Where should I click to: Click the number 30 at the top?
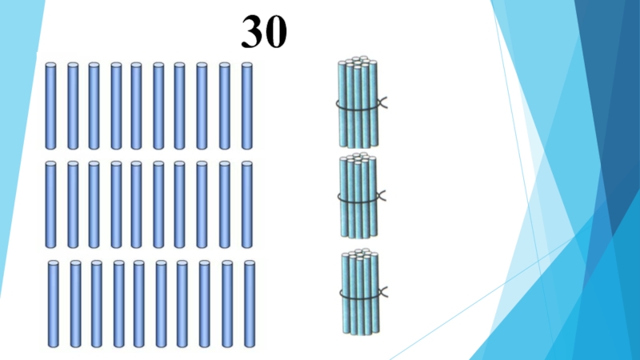coord(265,31)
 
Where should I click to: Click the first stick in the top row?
coord(51,106)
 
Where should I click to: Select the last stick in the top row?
coord(246,106)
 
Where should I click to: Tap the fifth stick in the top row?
coord(137,106)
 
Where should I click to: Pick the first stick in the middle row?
coord(51,205)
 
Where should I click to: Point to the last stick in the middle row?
coord(246,205)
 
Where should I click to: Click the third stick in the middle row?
coord(94,205)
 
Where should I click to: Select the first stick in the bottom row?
coord(54,304)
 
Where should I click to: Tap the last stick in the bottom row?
coord(249,304)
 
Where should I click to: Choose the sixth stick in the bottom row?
coord(161,304)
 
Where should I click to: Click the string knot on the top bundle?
coord(382,102)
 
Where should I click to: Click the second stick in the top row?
coord(73,106)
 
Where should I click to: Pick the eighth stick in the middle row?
coord(202,205)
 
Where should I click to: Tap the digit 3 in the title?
coord(253,31)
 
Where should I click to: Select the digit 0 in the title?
coord(277,31)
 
